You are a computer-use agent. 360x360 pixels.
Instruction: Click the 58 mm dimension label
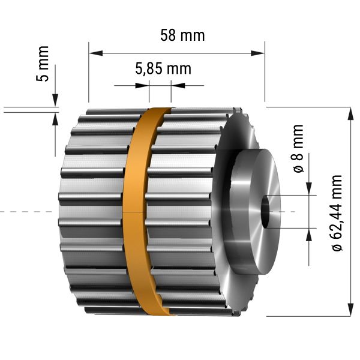click(x=182, y=35)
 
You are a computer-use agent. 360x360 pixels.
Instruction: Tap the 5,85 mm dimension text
click(x=163, y=68)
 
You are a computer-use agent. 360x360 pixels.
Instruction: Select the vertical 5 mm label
click(x=43, y=64)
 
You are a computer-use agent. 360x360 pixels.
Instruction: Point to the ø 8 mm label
click(x=298, y=149)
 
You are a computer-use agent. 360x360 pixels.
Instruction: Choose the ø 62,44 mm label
click(x=337, y=213)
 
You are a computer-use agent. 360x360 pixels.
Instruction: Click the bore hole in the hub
click(x=266, y=211)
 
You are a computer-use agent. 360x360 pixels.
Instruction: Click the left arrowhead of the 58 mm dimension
click(x=96, y=53)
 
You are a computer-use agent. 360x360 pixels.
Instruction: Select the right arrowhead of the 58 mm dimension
click(x=257, y=53)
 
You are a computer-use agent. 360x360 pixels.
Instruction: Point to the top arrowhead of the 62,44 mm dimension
click(x=350, y=113)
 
